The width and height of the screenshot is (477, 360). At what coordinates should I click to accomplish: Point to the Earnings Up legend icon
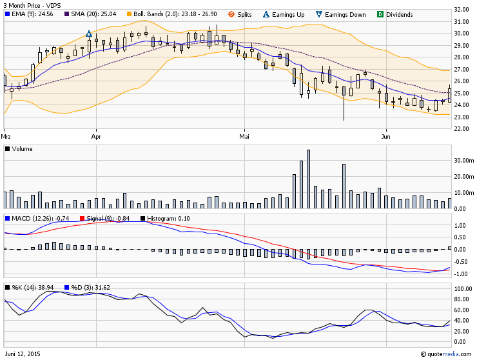pos(267,14)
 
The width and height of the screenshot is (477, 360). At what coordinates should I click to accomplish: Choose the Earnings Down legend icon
pos(319,14)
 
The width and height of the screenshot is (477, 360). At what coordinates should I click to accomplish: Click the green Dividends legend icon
pos(380,14)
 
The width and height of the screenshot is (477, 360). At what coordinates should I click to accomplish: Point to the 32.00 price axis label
pos(462,10)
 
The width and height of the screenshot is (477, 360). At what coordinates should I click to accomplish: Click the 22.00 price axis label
pos(462,128)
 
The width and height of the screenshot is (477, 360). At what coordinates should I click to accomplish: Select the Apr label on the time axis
pos(97,137)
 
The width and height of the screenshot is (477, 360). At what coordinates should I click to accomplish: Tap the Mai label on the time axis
pos(244,137)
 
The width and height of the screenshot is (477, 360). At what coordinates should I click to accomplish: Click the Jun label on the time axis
pos(386,137)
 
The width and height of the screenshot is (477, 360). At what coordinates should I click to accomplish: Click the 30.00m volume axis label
pos(463,160)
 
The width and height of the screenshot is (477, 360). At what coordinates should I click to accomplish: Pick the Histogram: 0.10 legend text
pos(168,219)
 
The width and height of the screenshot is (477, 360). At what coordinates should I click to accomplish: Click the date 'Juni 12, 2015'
pos(22,354)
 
